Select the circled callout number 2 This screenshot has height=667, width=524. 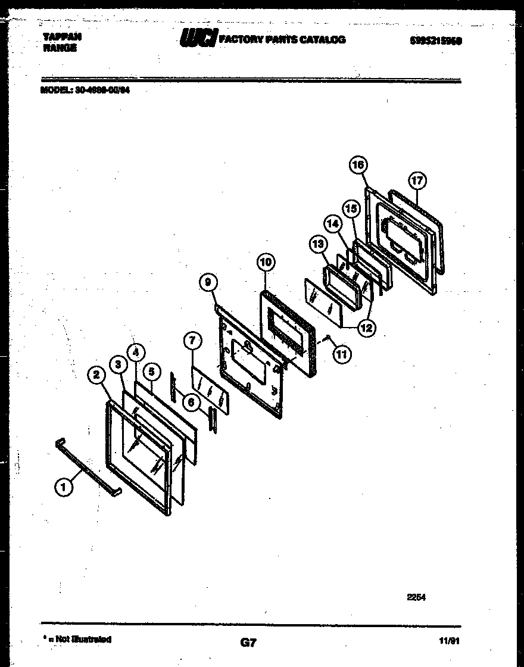[x=96, y=375]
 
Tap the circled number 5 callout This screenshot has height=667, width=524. [x=152, y=372]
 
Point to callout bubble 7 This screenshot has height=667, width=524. [x=192, y=341]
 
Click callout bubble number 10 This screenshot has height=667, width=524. [x=266, y=261]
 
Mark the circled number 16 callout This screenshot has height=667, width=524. [x=358, y=165]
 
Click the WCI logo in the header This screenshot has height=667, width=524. [x=199, y=39]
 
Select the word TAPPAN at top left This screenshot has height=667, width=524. [x=63, y=37]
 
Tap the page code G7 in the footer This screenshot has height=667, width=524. [x=248, y=642]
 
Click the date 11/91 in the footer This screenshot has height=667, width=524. [x=453, y=641]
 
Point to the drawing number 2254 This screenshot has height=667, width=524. [x=417, y=597]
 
